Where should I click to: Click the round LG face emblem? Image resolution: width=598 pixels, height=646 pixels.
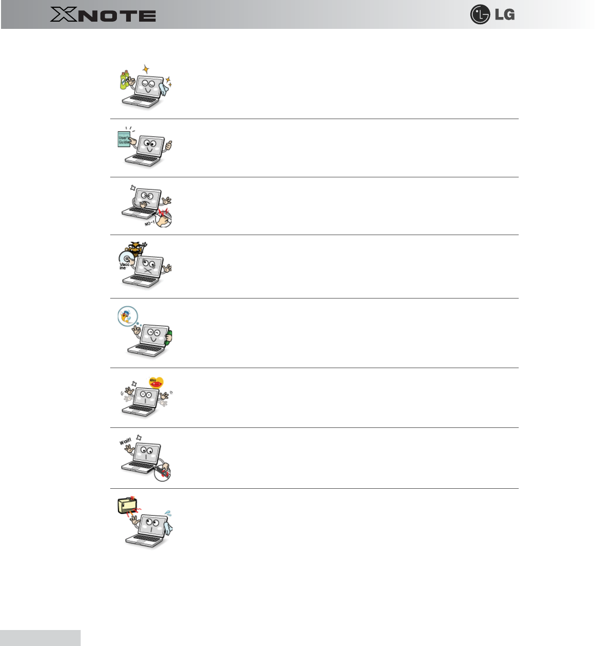[x=480, y=14]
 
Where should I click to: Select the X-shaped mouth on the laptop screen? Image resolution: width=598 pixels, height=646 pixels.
[x=148, y=270]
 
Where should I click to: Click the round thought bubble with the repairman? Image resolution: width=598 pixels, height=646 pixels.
[x=127, y=316]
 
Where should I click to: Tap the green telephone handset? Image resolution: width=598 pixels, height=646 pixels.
[x=169, y=337]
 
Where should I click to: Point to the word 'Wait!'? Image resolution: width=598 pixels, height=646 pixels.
[x=125, y=442]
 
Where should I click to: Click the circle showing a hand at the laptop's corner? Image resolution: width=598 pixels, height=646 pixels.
[x=162, y=472]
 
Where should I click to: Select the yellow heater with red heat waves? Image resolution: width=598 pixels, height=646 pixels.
[x=127, y=505]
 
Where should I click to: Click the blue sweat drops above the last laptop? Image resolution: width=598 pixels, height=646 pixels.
[x=167, y=515]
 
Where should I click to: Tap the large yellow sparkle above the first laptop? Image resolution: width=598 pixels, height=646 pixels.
[x=146, y=69]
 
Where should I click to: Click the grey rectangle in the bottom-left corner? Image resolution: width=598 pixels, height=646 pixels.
[x=40, y=638]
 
